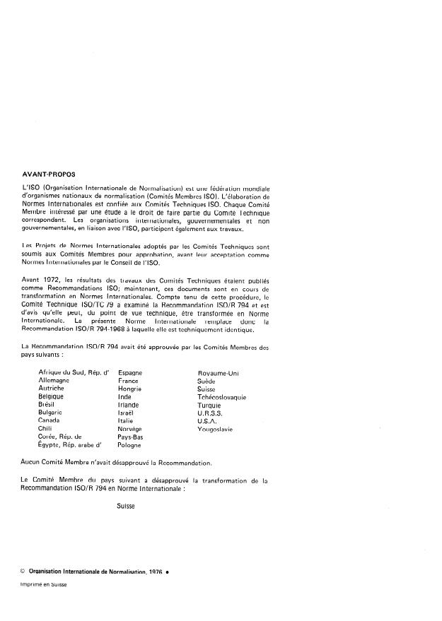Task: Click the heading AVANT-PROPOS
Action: click(x=49, y=173)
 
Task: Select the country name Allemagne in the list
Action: click(x=54, y=380)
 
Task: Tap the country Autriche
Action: click(x=52, y=389)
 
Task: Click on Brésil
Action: click(x=48, y=405)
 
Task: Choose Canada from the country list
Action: click(x=50, y=421)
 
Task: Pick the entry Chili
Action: click(x=45, y=430)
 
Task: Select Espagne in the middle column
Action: click(x=131, y=372)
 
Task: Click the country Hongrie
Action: click(x=130, y=389)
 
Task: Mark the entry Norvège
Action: click(x=130, y=430)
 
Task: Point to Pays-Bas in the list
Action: click(x=131, y=437)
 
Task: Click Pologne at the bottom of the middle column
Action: click(x=130, y=446)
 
